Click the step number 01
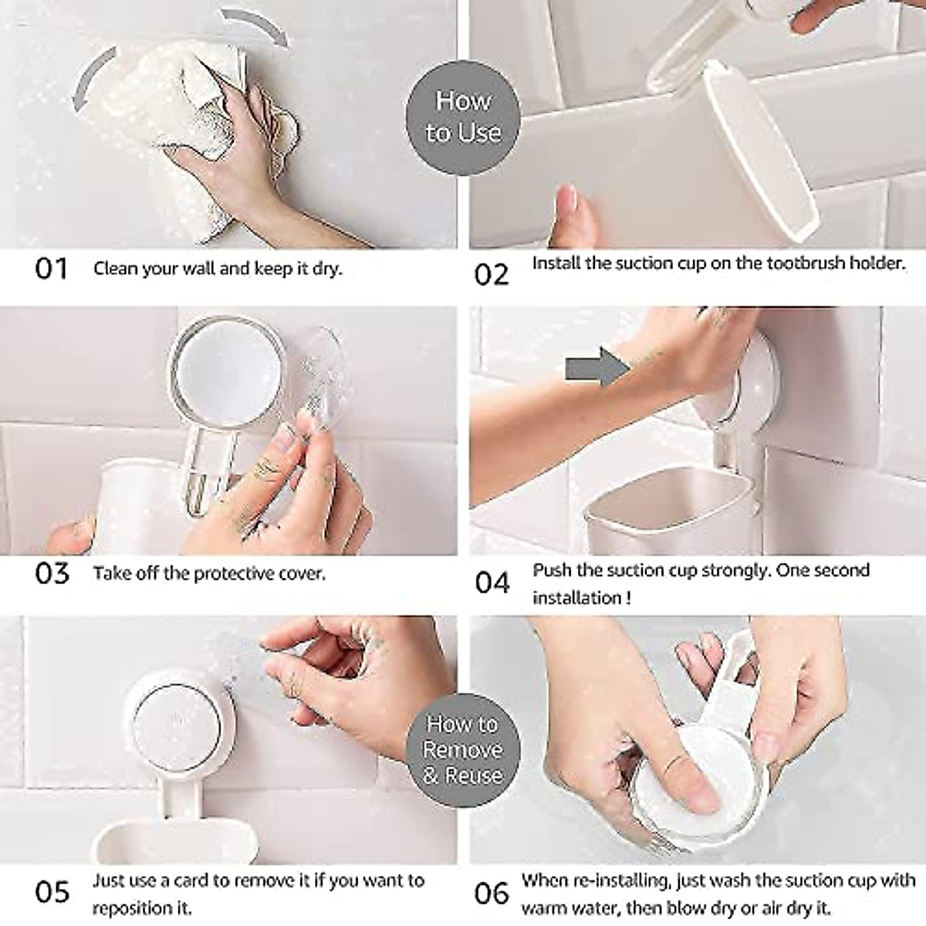tap(52, 269)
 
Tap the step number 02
tap(492, 275)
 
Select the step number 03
tap(52, 574)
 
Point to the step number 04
tap(492, 583)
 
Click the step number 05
tap(52, 892)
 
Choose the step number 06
tap(492, 894)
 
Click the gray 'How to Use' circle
tap(462, 116)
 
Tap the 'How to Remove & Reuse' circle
tap(462, 749)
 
